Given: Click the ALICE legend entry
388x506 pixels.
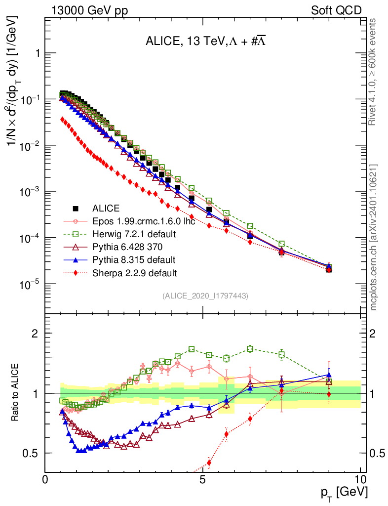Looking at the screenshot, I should [106, 209].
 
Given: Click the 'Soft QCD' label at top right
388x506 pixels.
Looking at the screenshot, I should [336, 10].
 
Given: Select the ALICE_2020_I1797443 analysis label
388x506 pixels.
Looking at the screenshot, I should [205, 296].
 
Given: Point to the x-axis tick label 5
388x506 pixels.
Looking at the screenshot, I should [203, 480].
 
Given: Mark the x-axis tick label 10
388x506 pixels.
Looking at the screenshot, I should [360, 480].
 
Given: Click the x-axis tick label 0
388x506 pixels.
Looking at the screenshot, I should [45, 480].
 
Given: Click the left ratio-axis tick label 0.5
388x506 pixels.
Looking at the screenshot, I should [32, 453].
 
